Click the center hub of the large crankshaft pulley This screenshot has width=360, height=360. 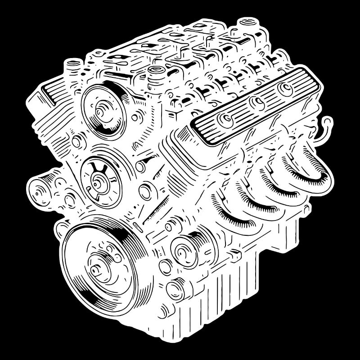click(97, 269)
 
